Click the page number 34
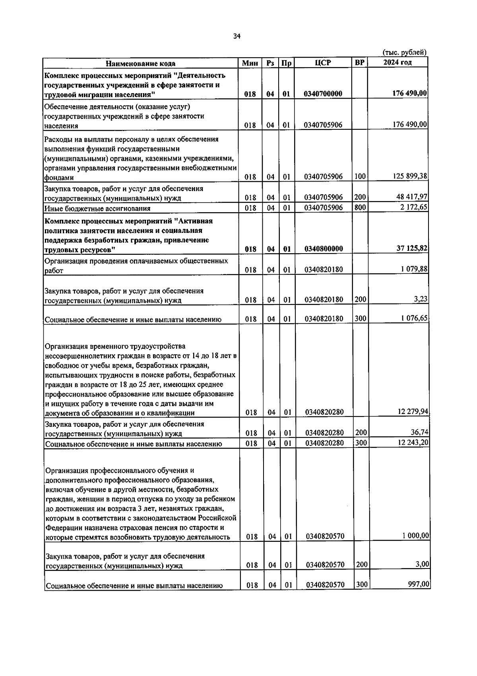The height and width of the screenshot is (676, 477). click(x=237, y=37)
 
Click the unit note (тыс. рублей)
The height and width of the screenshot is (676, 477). click(x=404, y=52)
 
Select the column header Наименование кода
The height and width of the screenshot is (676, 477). click(x=140, y=63)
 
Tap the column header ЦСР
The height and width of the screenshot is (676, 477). click(x=323, y=63)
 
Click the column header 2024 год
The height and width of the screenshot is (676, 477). click(x=397, y=63)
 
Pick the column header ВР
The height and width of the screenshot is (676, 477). click(x=359, y=63)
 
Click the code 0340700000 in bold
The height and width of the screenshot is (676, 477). click(x=323, y=94)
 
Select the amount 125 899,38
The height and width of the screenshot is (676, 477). click(x=410, y=176)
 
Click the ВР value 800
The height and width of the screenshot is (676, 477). click(x=360, y=207)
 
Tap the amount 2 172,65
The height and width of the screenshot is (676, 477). click(x=414, y=207)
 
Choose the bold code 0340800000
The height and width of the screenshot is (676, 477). click(x=323, y=249)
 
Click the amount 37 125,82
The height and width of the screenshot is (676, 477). click(x=412, y=248)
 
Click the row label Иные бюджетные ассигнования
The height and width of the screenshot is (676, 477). click(x=97, y=208)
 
